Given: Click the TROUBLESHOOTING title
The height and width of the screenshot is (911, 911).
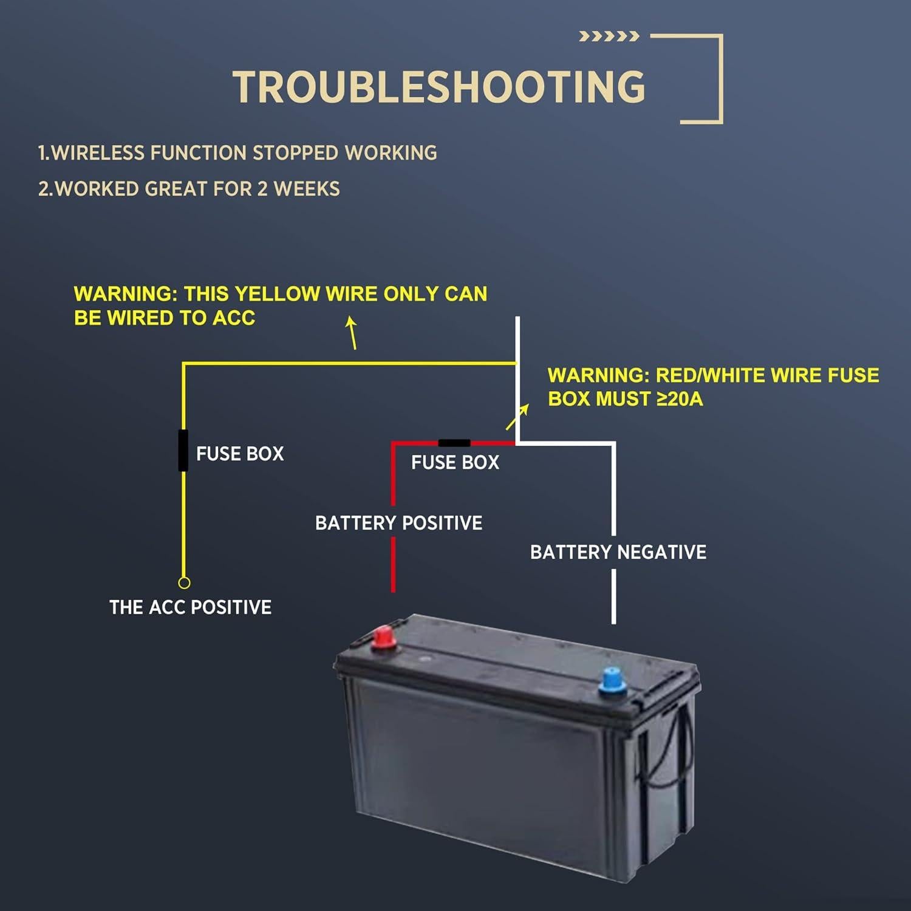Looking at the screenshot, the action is pyautogui.click(x=439, y=87).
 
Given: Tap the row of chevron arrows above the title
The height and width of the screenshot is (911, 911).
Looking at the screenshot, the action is pyautogui.click(x=609, y=36).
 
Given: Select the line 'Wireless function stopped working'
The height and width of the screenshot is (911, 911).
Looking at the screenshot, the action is pyautogui.click(x=237, y=152).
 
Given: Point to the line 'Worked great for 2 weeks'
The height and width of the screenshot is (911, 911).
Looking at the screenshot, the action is pyautogui.click(x=189, y=189).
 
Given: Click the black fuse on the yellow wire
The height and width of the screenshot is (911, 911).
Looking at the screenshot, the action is pyautogui.click(x=183, y=450).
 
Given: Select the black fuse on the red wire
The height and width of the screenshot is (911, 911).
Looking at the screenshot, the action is pyautogui.click(x=454, y=443).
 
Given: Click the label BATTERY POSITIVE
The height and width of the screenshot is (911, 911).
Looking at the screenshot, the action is pyautogui.click(x=398, y=523).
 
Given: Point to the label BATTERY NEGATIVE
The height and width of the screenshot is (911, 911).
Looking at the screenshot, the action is pyautogui.click(x=618, y=552).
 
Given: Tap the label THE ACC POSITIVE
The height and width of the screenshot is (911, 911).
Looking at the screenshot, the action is pyautogui.click(x=190, y=607).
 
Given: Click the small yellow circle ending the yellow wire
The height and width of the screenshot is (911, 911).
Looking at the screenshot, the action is pyautogui.click(x=184, y=582).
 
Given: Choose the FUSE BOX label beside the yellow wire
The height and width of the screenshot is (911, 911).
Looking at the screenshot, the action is pyautogui.click(x=240, y=454).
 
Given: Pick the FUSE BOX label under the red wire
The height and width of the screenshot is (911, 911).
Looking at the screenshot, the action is pyautogui.click(x=455, y=463).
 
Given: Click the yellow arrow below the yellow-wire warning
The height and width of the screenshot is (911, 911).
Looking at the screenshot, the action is pyautogui.click(x=352, y=332).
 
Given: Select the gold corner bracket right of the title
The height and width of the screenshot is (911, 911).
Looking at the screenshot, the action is pyautogui.click(x=701, y=79).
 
